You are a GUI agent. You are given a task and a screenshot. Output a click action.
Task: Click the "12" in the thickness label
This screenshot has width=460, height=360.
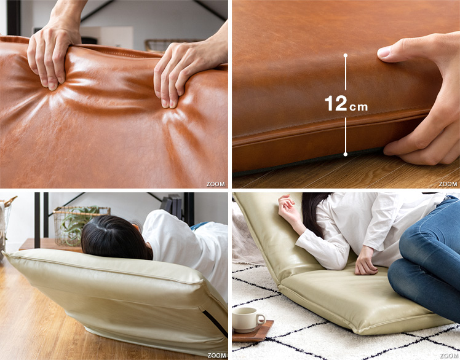click(336, 103)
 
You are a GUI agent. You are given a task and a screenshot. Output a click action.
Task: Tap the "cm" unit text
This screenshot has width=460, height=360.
click(358, 107)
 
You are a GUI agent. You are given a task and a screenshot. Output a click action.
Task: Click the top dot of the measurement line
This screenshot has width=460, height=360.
click(346, 55)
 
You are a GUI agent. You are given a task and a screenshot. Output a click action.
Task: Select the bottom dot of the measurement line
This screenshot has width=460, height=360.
click(346, 154)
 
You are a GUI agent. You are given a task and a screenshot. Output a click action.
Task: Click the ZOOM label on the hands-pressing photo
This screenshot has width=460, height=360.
click(216, 184)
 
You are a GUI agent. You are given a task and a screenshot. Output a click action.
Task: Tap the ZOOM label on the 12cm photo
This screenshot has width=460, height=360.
click(448, 184)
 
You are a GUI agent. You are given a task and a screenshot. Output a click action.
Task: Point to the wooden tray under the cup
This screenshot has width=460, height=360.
click(253, 331)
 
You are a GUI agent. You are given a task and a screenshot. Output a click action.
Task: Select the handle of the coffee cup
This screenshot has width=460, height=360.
click(260, 319)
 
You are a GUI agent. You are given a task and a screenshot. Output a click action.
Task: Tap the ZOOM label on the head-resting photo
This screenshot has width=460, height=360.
click(217, 355)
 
